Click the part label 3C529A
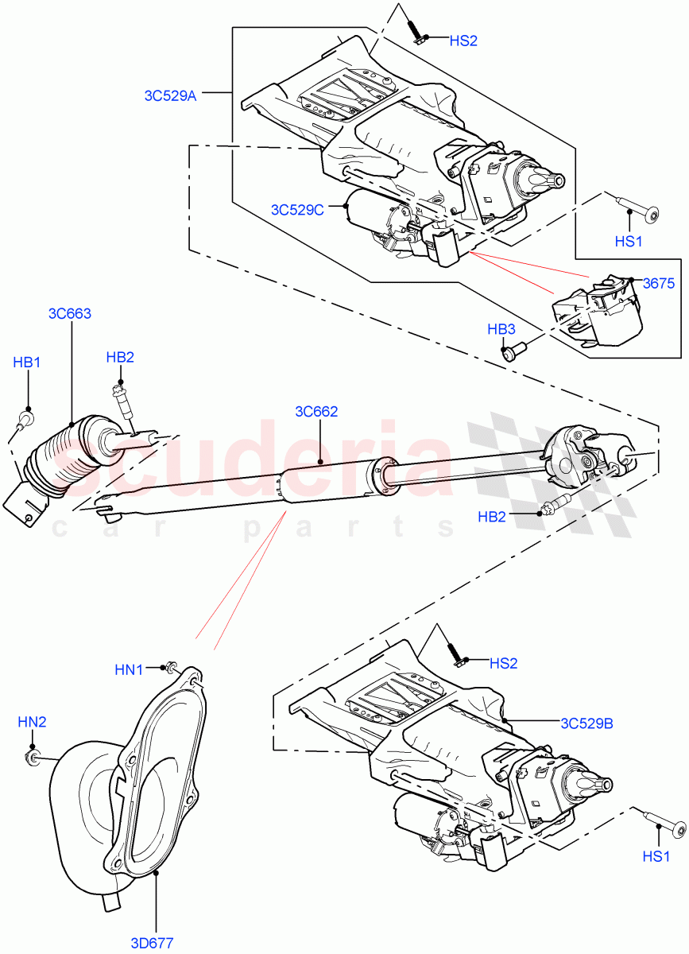169,95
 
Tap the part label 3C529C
297,210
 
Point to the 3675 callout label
659,283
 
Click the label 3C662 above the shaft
316,412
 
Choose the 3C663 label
69,313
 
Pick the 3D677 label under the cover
152,943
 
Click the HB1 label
27,363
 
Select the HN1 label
129,670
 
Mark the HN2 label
32,722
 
